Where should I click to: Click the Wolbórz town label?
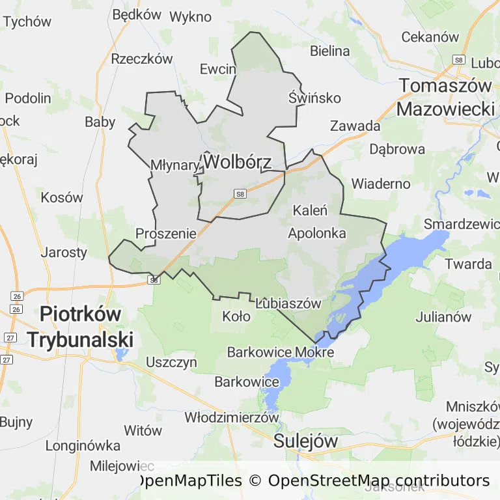pos(236,161)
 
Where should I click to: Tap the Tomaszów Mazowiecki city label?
pos(446,97)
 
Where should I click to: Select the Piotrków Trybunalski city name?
pos(80,326)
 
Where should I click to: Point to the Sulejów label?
pos(305,441)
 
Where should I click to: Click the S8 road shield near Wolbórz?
pos(241,193)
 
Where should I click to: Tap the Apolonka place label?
pos(316,232)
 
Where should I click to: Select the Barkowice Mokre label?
pos(280,352)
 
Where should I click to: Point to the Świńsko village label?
pos(314,98)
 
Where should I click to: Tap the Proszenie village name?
pos(166,233)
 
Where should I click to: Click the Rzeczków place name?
pos(142,59)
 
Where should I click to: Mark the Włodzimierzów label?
pos(232,417)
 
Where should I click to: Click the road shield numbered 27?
pos(10,337)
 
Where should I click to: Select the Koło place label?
pos(236,317)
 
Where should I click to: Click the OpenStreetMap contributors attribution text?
pos(379,481)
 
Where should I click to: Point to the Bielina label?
pos(330,51)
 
